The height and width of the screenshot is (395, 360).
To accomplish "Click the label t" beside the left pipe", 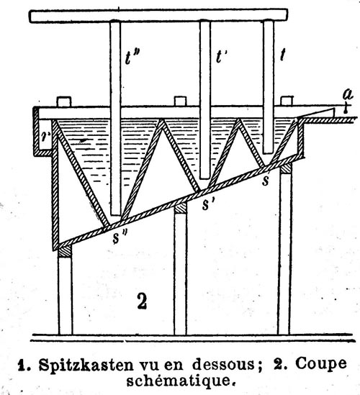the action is tap(132, 58).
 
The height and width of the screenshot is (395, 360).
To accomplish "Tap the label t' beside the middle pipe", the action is tap(221, 57).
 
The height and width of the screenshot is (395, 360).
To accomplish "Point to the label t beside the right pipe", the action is tap(283, 55).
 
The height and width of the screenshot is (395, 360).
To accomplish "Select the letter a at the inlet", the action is tap(348, 95).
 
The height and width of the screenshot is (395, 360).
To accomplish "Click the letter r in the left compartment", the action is tap(46, 137).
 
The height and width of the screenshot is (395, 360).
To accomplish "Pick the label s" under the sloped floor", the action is tap(120, 237).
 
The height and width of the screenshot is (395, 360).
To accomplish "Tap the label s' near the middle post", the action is tap(208, 204).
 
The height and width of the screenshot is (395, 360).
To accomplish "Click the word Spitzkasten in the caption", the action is tap(86, 365).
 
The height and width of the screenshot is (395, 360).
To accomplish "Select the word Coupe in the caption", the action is tap(321, 364).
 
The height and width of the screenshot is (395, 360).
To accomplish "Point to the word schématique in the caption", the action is tap(179, 381).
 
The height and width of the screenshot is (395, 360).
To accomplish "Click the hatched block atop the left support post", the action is tap(65, 251).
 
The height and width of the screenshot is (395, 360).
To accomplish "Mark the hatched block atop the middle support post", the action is tap(180, 208).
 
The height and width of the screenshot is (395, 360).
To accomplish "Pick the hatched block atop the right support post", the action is tap(286, 168).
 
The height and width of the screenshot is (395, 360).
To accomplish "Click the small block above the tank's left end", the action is tap(64, 101).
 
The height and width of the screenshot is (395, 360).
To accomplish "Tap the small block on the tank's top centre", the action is tap(180, 101).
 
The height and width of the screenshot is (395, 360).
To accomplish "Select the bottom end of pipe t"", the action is tap(116, 215).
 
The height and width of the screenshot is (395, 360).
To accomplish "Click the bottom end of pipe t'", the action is tap(204, 178).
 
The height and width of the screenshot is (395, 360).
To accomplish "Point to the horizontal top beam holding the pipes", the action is tap(158, 16).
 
